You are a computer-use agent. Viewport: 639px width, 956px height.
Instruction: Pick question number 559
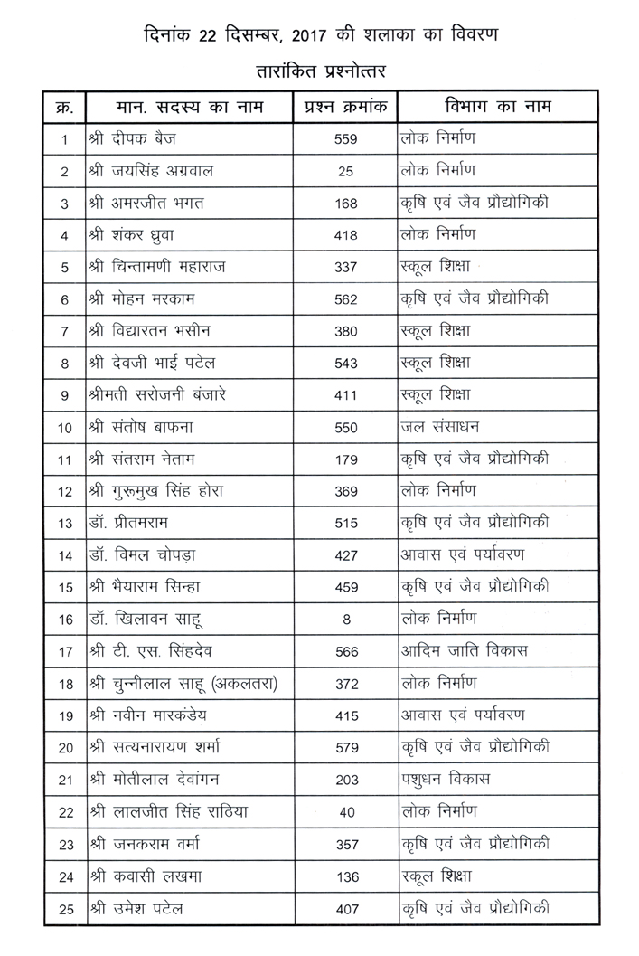tap(346, 139)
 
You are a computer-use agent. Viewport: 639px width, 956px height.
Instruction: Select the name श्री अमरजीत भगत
tap(146, 204)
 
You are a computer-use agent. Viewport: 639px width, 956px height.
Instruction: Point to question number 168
tap(346, 204)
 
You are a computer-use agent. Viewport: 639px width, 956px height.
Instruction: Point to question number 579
tap(346, 747)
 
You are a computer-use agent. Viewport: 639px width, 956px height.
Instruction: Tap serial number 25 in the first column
tap(64, 908)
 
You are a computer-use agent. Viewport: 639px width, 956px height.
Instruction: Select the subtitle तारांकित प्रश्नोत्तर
tap(320, 69)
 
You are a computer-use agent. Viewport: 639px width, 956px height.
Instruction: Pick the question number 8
tap(346, 620)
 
